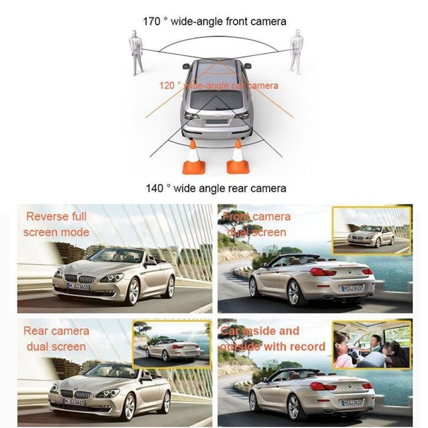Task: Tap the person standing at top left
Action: click(137, 52)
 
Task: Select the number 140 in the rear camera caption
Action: click(154, 188)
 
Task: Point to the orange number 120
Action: click(167, 86)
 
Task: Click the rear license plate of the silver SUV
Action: click(216, 121)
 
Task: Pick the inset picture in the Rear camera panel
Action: click(171, 345)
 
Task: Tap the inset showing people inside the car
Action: click(371, 345)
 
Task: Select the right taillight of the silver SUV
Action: click(242, 114)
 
